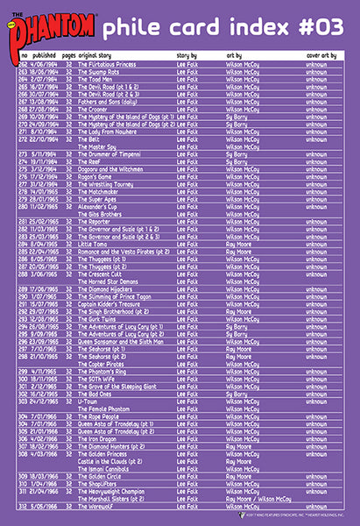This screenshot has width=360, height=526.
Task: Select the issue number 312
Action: click(23, 507)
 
